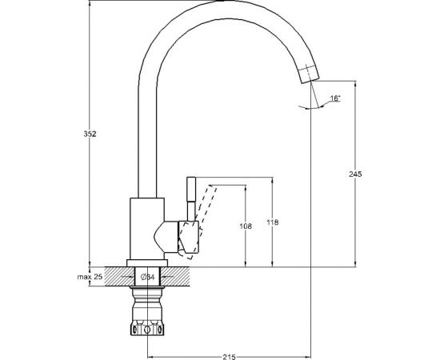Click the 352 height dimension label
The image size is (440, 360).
(x=90, y=134)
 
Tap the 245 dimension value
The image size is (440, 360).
(x=355, y=174)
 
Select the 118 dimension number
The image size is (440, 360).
(x=273, y=222)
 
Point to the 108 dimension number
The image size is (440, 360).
(x=246, y=226)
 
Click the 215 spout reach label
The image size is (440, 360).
(x=229, y=357)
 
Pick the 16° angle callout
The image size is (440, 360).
(x=335, y=98)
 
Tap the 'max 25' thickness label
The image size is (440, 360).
(x=90, y=277)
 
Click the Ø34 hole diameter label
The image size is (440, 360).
(x=147, y=277)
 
